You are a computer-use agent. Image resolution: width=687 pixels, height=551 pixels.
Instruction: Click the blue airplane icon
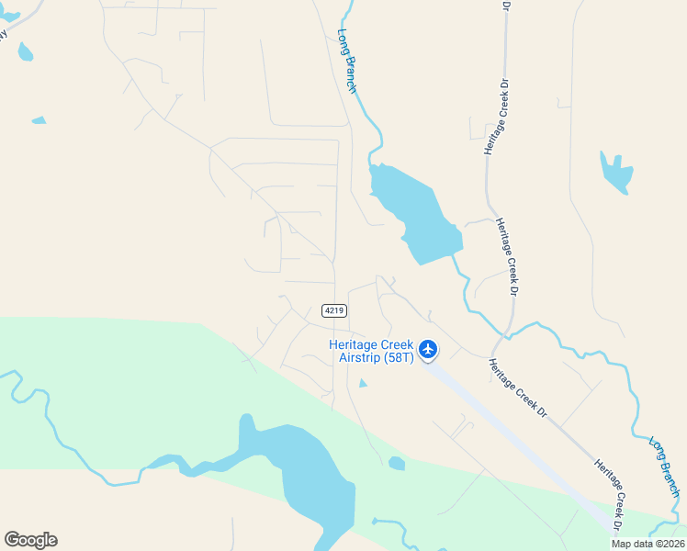click(x=428, y=349)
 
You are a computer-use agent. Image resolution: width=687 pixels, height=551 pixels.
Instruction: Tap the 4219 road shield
click(x=333, y=311)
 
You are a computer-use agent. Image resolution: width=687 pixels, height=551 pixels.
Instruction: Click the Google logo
click(x=30, y=540)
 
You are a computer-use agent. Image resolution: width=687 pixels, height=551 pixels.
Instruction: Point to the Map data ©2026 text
click(x=648, y=544)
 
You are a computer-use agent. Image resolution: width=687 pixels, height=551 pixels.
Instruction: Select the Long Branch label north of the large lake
click(x=347, y=61)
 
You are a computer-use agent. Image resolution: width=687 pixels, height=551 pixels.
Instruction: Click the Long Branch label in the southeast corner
click(x=664, y=467)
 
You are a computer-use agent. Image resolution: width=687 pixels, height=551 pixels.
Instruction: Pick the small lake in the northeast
click(x=616, y=172)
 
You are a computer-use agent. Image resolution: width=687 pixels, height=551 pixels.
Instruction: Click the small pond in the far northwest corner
click(x=25, y=51)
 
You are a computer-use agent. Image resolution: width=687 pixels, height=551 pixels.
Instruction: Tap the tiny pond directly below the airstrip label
click(x=362, y=383)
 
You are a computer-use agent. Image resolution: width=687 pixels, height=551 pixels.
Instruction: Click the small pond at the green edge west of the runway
click(x=396, y=464)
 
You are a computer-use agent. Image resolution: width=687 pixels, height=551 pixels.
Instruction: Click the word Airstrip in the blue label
click(x=359, y=357)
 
